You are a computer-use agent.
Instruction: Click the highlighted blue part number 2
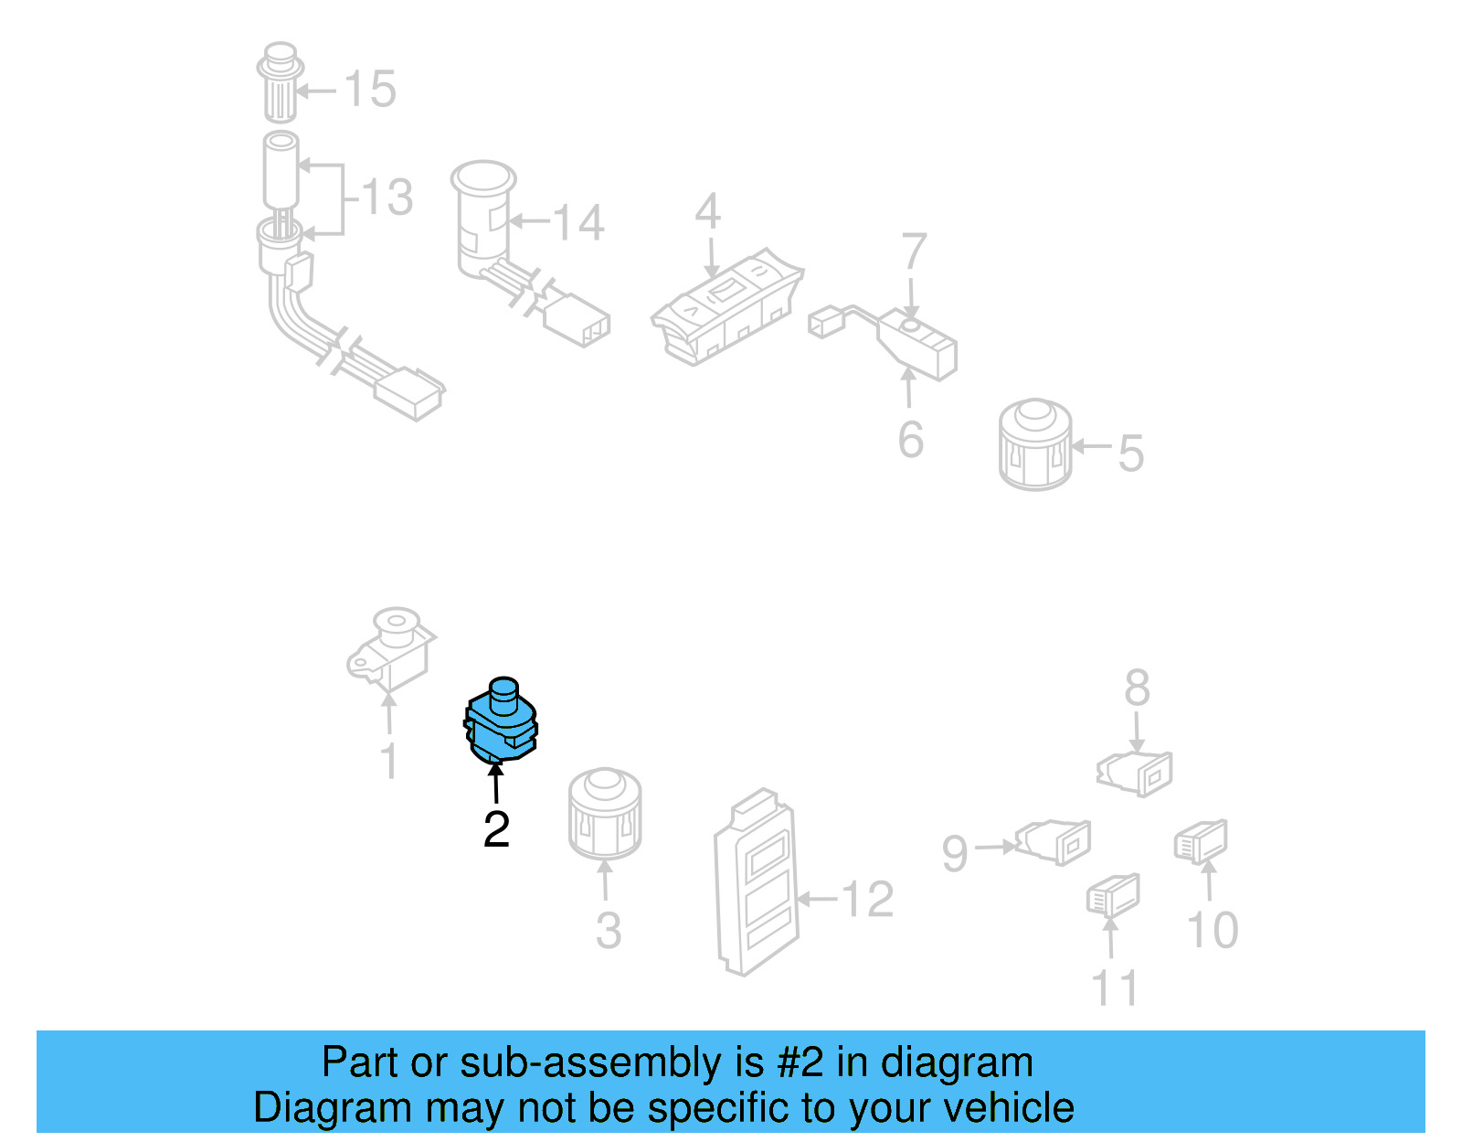click(501, 721)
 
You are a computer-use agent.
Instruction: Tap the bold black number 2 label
click(496, 830)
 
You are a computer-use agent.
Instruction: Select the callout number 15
click(370, 89)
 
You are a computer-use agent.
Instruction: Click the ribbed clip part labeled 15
click(280, 82)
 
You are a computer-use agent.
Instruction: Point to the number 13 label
click(387, 197)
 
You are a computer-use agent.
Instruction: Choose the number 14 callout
click(577, 223)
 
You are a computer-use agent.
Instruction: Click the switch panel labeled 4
click(727, 307)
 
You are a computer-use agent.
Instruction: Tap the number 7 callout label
click(915, 251)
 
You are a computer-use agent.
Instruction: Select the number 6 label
click(911, 440)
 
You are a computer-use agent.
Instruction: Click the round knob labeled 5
click(1034, 444)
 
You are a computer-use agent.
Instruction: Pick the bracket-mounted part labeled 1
click(392, 650)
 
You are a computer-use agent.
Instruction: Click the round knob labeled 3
click(605, 814)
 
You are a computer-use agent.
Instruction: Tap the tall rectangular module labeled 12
click(757, 882)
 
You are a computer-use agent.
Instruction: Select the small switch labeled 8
click(1134, 774)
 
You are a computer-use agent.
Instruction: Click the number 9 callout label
click(955, 854)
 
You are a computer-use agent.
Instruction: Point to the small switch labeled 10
click(1201, 841)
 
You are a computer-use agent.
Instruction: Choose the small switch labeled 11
click(1114, 895)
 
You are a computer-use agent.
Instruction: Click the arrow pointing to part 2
click(496, 781)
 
